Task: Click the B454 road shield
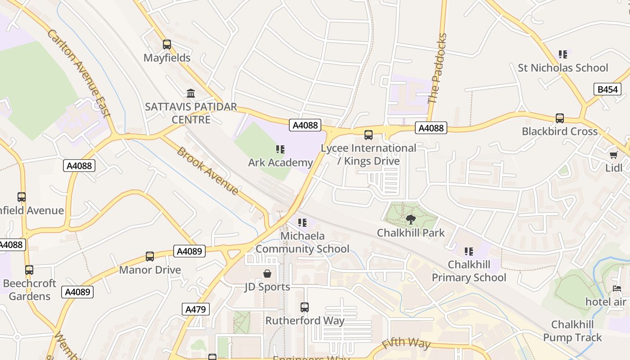point(607,89)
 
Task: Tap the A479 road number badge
point(196,309)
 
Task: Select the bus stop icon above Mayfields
point(167,45)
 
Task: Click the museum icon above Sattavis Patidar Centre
point(191,93)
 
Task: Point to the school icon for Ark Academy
point(280,149)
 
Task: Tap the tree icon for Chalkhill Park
point(410,220)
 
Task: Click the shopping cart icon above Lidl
point(613,155)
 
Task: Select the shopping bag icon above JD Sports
point(267,273)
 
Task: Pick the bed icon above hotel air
point(617,288)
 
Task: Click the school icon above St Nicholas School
point(562,54)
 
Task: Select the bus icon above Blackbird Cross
point(560,118)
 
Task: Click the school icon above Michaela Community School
point(302,222)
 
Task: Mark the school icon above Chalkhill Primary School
point(469,251)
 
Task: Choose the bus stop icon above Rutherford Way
point(305,307)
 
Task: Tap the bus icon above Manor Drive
point(150,256)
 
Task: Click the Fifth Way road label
point(406,343)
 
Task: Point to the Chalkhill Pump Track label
point(572,331)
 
